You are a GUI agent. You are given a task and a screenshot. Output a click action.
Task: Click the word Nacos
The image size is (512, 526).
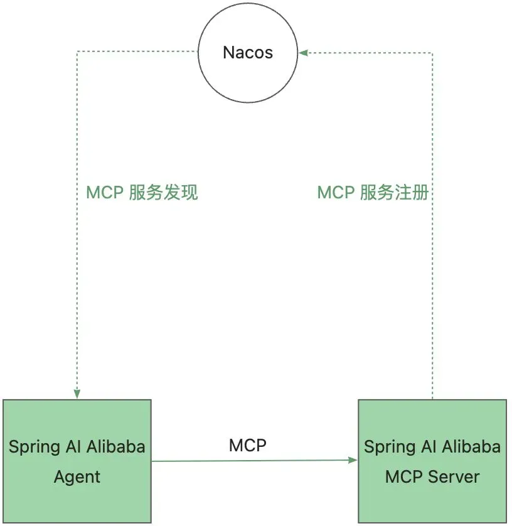pyautogui.click(x=248, y=53)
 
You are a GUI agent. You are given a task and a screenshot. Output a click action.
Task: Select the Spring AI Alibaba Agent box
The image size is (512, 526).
pyautogui.click(x=77, y=461)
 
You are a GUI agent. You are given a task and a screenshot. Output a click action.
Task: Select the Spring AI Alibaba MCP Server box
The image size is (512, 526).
pyautogui.click(x=432, y=461)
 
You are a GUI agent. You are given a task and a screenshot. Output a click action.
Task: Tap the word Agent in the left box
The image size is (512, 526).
pyautogui.click(x=77, y=477)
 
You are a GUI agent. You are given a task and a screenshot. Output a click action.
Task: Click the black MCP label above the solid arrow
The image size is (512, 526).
pyautogui.click(x=248, y=446)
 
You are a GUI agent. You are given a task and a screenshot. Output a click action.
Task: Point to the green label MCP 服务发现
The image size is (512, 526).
pyautogui.click(x=142, y=193)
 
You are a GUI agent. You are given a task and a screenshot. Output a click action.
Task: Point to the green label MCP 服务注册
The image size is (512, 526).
pyautogui.click(x=373, y=193)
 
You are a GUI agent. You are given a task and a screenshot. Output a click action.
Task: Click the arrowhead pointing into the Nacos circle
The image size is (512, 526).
pyautogui.click(x=303, y=53)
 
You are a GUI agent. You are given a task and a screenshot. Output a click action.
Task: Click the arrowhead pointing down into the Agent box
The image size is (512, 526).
pyautogui.click(x=77, y=394)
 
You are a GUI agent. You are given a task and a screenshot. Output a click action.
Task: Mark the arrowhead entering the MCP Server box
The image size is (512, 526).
pyautogui.click(x=353, y=460)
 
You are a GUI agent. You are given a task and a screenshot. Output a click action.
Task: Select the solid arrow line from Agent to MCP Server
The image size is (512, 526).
pyautogui.click(x=255, y=461)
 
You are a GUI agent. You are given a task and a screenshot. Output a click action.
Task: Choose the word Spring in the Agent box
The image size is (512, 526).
pyautogui.click(x=29, y=448)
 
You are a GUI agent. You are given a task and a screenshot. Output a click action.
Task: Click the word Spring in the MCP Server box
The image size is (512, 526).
pyautogui.click(x=385, y=448)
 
